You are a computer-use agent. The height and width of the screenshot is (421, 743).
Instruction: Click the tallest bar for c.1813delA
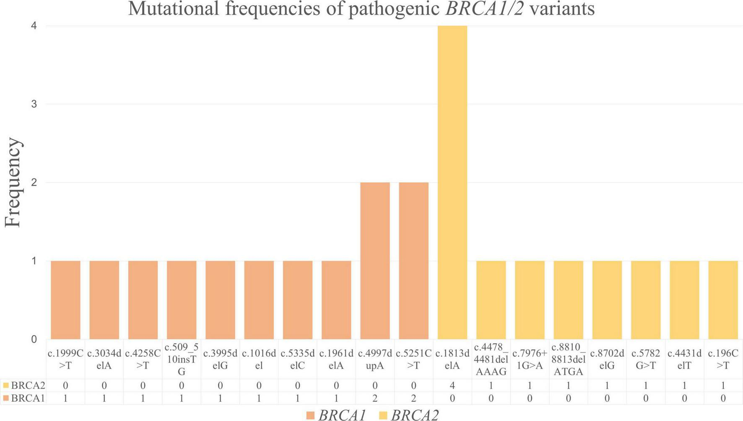(x=452, y=183)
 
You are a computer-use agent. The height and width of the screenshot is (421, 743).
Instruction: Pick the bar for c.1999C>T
(x=65, y=300)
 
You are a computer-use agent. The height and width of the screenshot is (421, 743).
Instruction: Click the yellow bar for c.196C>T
(x=723, y=300)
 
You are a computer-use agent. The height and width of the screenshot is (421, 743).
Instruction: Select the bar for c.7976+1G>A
(x=530, y=300)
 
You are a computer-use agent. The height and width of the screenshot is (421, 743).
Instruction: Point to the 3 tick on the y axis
(x=34, y=104)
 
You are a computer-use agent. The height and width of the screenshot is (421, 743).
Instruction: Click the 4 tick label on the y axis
(x=34, y=26)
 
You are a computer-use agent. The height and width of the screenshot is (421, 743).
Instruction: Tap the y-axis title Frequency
(x=13, y=183)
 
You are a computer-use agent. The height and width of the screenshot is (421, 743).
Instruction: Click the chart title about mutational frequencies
(x=361, y=9)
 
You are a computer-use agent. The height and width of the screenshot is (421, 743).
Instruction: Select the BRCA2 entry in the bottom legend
(x=408, y=415)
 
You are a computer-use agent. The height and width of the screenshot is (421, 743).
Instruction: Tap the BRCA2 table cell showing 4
(x=452, y=385)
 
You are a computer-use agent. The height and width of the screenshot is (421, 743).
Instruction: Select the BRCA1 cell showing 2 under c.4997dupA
(x=375, y=398)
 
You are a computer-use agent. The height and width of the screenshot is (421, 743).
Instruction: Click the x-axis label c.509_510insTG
(x=182, y=359)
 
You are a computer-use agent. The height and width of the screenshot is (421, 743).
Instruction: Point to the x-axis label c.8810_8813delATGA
(x=568, y=359)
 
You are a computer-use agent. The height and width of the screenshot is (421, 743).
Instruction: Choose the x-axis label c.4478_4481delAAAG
(x=491, y=359)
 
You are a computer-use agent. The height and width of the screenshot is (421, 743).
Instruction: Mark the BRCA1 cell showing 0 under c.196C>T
(x=723, y=398)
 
